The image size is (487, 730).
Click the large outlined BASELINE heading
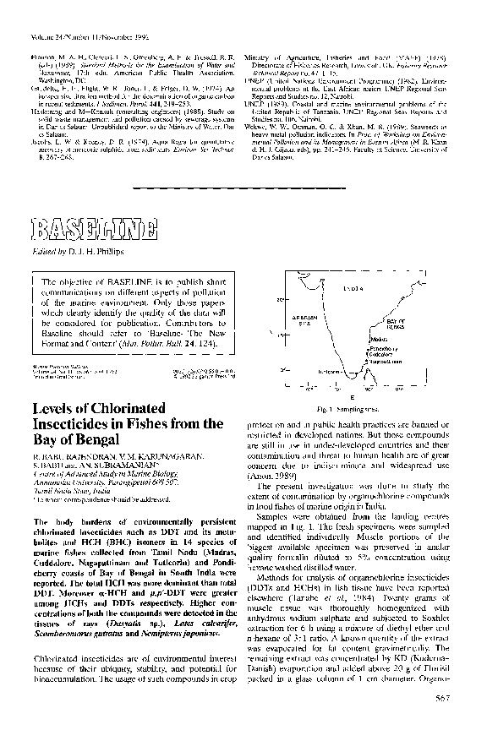(92, 228)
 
